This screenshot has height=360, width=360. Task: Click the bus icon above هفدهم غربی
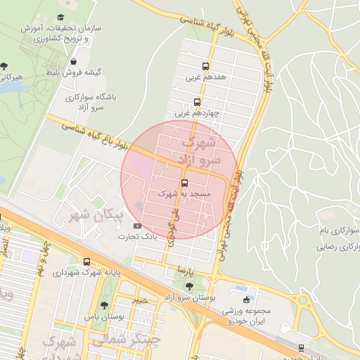(205, 67)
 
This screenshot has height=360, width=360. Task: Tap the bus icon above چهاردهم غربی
(198, 102)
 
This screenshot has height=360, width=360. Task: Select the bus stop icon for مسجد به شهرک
(185, 183)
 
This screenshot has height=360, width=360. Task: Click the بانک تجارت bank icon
(137, 226)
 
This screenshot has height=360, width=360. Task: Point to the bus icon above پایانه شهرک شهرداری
(86, 262)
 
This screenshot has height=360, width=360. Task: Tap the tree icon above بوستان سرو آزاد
(189, 285)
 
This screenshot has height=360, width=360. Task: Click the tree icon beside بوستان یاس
(104, 305)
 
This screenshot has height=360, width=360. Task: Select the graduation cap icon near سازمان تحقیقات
(61, 16)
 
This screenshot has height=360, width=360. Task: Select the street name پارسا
(184, 269)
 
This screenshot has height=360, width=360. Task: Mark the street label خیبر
(143, 299)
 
